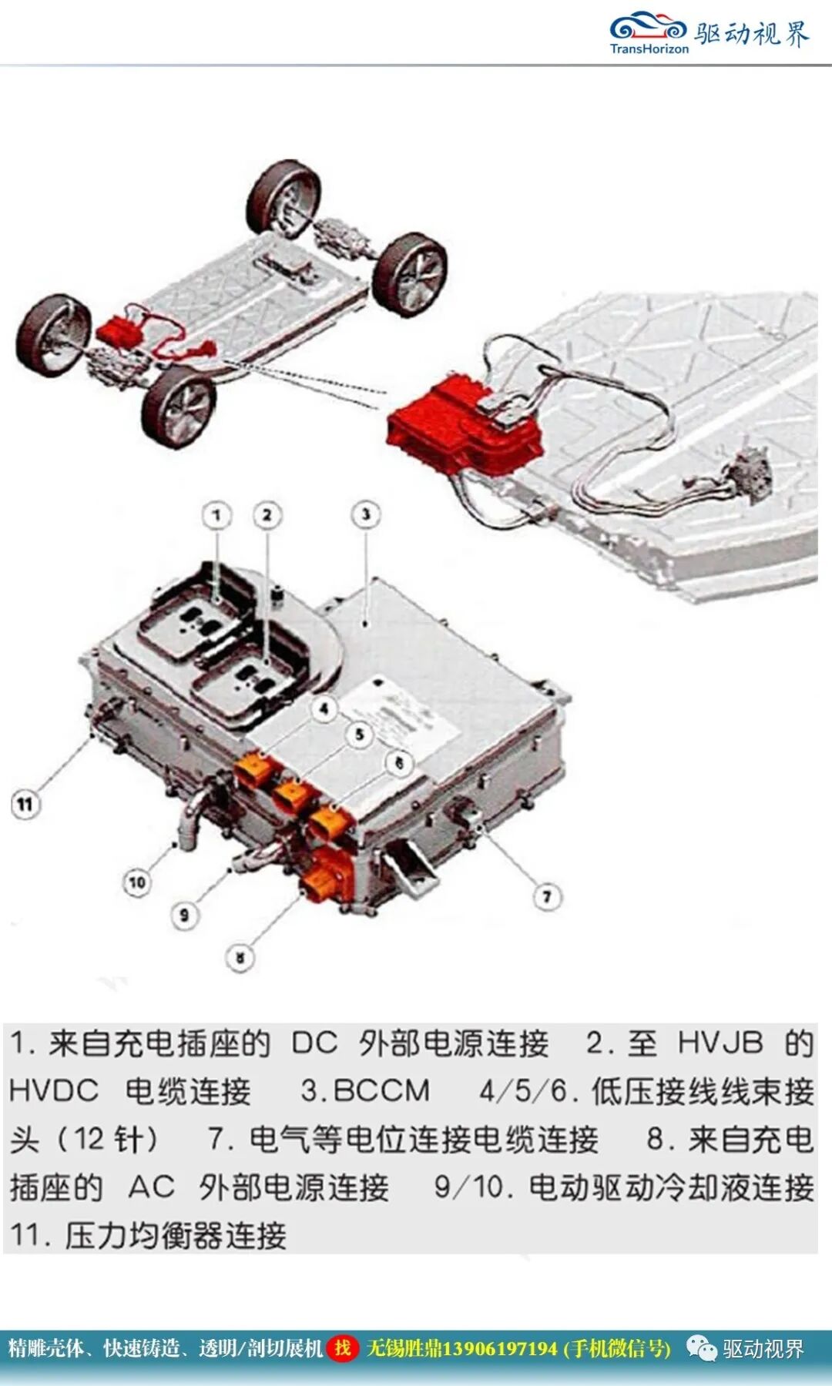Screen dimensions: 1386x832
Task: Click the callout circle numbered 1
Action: pos(216,515)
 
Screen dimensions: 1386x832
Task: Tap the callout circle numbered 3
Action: pos(366,514)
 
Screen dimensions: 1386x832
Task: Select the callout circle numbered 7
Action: pos(547,896)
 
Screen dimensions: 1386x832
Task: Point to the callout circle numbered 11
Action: pos(25,805)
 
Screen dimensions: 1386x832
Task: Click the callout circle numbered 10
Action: pos(137,882)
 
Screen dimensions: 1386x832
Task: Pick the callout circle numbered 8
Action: pos(240,958)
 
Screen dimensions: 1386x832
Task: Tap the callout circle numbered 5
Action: pos(359,735)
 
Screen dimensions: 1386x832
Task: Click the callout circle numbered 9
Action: pos(184,916)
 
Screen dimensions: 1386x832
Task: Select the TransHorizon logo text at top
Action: pos(649,49)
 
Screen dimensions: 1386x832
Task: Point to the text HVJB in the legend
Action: pos(720,1043)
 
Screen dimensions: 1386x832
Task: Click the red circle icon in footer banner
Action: pos(342,1348)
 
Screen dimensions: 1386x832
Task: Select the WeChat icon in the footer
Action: pos(701,1348)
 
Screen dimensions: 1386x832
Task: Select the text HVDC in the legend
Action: pos(54,1091)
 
